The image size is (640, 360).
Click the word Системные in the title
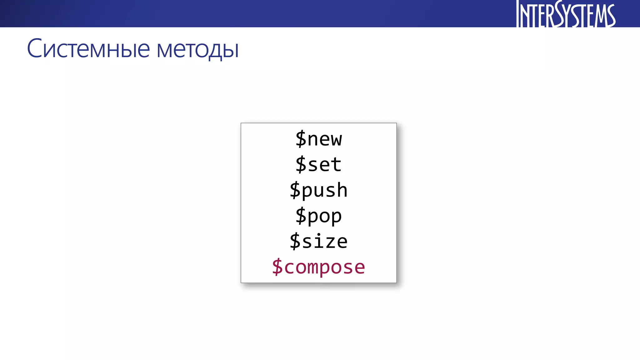[x=88, y=49]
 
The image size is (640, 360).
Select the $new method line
[x=318, y=139]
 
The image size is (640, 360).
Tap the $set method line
[x=318, y=164]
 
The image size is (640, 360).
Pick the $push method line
[x=318, y=190]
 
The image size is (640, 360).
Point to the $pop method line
[x=318, y=216]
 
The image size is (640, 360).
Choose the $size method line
[x=318, y=241]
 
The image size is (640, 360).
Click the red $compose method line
[x=318, y=267]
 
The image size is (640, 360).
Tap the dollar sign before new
[x=301, y=139]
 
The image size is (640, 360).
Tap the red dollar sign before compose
[x=277, y=267]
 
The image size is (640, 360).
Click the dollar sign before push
[x=295, y=190]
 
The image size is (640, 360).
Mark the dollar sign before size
[x=295, y=241]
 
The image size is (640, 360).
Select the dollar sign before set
[x=301, y=164]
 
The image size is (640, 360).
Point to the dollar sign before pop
[x=301, y=216]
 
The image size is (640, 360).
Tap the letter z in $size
[x=330, y=242]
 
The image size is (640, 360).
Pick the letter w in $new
[x=336, y=140]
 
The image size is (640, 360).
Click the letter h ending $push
[x=342, y=190]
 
